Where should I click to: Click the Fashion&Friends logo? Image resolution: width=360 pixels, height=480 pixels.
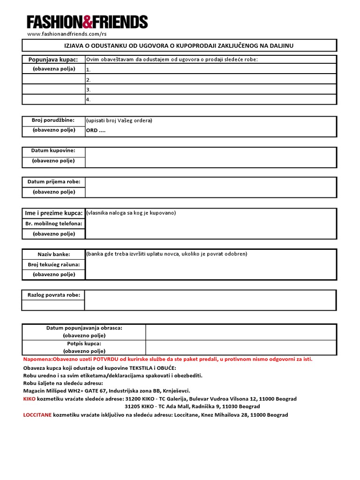pyautogui.click(x=87, y=22)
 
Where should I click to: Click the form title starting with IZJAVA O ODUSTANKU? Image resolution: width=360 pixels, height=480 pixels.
pyautogui.click(x=179, y=45)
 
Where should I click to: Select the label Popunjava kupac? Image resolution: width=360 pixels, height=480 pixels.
pyautogui.click(x=53, y=60)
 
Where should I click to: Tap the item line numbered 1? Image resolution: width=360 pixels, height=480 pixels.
pyautogui.click(x=210, y=69)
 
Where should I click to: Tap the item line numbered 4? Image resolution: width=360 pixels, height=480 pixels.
pyautogui.click(x=210, y=99)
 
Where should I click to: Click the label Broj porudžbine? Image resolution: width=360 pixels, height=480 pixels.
pyautogui.click(x=53, y=120)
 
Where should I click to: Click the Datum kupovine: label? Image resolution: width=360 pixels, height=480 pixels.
pyautogui.click(x=53, y=151)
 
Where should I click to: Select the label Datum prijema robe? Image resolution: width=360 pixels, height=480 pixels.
pyautogui.click(x=53, y=181)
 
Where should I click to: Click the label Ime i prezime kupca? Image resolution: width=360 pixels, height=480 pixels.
pyautogui.click(x=53, y=213)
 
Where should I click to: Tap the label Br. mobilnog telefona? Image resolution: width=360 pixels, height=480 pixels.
pyautogui.click(x=53, y=224)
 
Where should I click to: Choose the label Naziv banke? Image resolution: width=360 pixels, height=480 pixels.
pyautogui.click(x=53, y=254)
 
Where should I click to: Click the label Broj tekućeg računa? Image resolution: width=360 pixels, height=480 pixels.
pyautogui.click(x=53, y=264)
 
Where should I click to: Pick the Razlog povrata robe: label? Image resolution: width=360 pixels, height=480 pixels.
pyautogui.click(x=53, y=295)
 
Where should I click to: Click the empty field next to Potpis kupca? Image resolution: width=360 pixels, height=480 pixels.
pyautogui.click(x=240, y=347)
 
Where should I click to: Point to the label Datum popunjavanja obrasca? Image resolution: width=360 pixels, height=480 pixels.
pyautogui.click(x=84, y=328)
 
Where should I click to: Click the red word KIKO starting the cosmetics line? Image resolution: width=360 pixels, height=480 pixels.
pyautogui.click(x=29, y=399)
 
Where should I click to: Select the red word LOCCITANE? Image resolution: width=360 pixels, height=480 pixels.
pyautogui.click(x=37, y=415)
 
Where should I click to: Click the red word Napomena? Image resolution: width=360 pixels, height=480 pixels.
pyautogui.click(x=39, y=359)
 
